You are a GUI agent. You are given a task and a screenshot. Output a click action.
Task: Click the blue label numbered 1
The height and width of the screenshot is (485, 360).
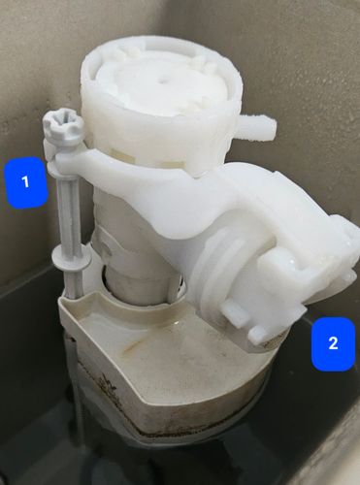[26, 182]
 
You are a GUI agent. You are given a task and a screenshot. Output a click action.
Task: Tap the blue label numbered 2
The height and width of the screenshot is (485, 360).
[334, 343]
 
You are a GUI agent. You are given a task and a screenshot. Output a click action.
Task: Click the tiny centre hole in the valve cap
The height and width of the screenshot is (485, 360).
[160, 80]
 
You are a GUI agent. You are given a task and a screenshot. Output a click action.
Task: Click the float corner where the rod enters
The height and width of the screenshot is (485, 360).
[71, 300]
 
